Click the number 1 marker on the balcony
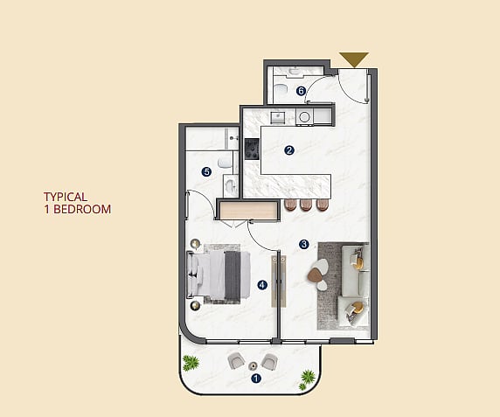[256, 379]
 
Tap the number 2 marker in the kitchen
[289, 150]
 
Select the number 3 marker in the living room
[304, 245]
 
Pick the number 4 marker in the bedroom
[262, 285]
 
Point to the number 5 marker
[206, 172]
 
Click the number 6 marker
[301, 91]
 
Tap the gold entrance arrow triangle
[354, 60]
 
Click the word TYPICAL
[66, 197]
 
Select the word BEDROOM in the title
[82, 209]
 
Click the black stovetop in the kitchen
[252, 149]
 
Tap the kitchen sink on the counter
[278, 117]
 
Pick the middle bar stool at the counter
[306, 205]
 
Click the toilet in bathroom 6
[281, 89]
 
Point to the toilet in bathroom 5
[225, 163]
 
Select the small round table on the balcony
[253, 365]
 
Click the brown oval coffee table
[315, 275]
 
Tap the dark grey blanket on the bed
[233, 275]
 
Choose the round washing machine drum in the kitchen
[304, 117]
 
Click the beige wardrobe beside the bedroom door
[247, 211]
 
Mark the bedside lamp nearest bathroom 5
[196, 244]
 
